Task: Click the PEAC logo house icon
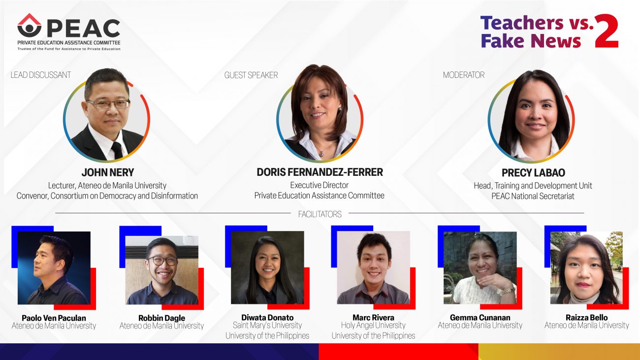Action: click(30, 25)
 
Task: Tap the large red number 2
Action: click(607, 31)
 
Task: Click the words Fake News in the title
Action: click(531, 41)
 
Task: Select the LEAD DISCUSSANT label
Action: click(40, 75)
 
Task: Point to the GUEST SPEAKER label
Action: click(251, 75)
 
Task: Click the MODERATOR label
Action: click(464, 75)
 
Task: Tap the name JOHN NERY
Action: click(108, 172)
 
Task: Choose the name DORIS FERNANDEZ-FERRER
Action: click(320, 172)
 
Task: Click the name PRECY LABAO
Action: click(533, 173)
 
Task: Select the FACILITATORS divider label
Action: click(320, 214)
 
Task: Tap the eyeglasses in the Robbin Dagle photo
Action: click(162, 261)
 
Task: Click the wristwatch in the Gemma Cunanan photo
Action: click(509, 291)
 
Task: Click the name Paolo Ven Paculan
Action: click(54, 318)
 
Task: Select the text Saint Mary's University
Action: click(267, 326)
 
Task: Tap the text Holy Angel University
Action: click(373, 326)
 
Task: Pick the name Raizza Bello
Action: click(586, 318)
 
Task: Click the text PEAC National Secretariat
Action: click(533, 196)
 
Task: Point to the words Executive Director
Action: click(319, 186)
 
